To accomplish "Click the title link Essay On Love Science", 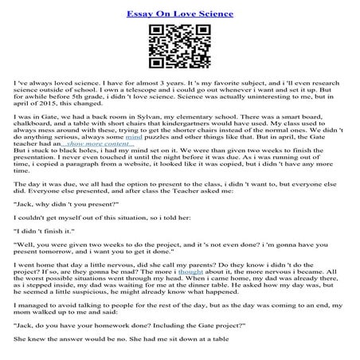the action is tap(179, 14).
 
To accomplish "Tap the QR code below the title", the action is tap(179, 46).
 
